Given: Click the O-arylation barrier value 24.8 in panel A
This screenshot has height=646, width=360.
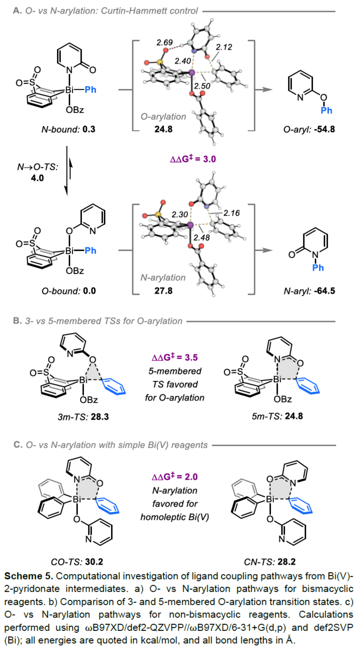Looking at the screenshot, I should point(163,129).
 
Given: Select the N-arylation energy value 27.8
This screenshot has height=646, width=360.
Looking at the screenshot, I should point(163,291).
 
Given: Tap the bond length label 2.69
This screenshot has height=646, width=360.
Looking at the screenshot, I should point(164,42).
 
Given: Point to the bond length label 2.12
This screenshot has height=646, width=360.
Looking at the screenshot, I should point(224,47).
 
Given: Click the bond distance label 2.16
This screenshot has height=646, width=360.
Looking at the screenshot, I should point(232,213).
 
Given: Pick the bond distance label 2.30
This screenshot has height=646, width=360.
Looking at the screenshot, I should point(180,215).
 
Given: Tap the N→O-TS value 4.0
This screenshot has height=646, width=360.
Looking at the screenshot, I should point(37,178).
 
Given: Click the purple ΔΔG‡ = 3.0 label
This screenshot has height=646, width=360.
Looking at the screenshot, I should point(193,159).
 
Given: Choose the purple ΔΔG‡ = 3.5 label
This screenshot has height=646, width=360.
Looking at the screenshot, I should point(175,357).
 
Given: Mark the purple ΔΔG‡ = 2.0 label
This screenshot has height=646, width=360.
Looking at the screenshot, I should point(175,477).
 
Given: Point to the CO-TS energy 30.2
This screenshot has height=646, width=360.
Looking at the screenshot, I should point(94,562).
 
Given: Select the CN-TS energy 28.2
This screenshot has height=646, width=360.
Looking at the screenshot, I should point(287,562).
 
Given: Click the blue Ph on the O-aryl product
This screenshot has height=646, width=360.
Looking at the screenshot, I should point(327,111).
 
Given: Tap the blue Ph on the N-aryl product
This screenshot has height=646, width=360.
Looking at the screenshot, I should point(318,268).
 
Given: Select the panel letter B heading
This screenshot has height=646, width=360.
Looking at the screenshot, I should point(17,321).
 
